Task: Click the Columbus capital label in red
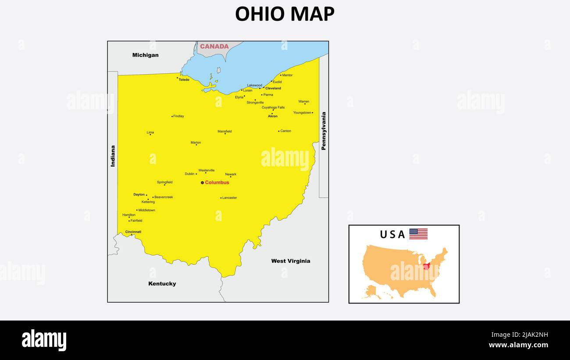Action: [217, 182]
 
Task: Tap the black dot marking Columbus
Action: [202, 182]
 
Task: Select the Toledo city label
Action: [184, 80]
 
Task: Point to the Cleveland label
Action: [273, 88]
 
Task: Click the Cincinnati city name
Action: [133, 232]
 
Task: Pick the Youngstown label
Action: [302, 113]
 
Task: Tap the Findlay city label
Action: [178, 116]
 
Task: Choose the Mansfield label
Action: [224, 131]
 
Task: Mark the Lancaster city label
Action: [229, 198]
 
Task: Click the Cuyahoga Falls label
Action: [273, 107]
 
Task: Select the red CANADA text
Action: [214, 46]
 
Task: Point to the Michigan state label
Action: [146, 55]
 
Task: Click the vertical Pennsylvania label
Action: [324, 131]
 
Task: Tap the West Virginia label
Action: [291, 261]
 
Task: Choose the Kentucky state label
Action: [162, 284]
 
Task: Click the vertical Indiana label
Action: [113, 156]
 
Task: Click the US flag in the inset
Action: [418, 234]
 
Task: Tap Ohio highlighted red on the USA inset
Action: [426, 266]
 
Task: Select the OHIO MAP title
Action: [285, 14]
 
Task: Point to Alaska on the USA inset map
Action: [371, 291]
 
